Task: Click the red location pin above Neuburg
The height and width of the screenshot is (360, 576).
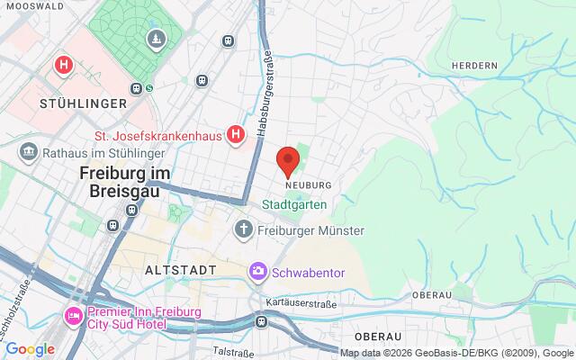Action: (x=288, y=160)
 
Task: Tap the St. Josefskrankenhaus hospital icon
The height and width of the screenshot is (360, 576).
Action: (x=235, y=135)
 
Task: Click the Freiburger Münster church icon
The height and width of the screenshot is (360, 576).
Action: (x=243, y=230)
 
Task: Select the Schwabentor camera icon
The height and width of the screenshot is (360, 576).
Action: (x=258, y=271)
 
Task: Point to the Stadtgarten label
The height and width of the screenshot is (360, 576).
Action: (x=294, y=205)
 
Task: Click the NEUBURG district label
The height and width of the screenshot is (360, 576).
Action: (x=308, y=184)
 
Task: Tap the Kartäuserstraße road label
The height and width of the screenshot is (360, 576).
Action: (x=301, y=303)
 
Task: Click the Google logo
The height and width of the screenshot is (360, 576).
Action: (x=30, y=349)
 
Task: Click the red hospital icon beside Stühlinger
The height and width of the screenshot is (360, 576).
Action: (x=63, y=65)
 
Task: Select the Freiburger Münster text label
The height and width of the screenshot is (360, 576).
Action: (x=313, y=231)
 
